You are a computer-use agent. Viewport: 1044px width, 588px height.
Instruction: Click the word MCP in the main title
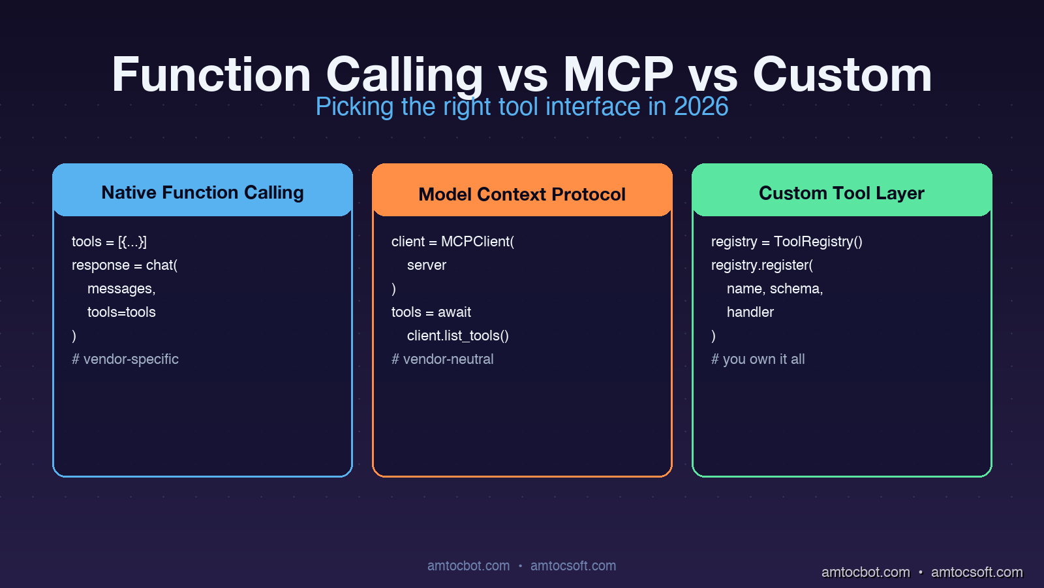click(618, 74)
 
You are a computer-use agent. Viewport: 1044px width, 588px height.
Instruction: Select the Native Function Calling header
click(202, 192)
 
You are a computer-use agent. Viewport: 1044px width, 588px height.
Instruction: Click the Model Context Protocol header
click(522, 194)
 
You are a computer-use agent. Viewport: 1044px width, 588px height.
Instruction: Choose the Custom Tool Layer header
click(842, 193)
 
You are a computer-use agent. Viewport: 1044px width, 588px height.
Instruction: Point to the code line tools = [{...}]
click(109, 242)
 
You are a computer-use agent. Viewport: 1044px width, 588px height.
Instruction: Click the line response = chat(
click(125, 265)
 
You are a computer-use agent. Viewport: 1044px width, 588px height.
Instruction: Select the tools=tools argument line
click(121, 312)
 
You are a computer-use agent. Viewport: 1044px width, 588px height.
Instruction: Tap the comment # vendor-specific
click(125, 359)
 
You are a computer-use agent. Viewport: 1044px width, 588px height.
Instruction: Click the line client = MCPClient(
click(453, 242)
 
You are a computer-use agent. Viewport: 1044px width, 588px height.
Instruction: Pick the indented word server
click(427, 265)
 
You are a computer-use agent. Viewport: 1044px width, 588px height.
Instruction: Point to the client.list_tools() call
click(457, 336)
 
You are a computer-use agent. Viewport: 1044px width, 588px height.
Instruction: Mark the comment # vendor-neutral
click(442, 359)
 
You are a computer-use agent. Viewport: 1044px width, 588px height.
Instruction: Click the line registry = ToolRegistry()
click(787, 242)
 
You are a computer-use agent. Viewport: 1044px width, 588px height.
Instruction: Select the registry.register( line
click(762, 265)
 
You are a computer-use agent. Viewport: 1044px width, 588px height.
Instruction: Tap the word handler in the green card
click(750, 312)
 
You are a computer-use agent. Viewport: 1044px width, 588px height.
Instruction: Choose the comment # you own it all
click(758, 359)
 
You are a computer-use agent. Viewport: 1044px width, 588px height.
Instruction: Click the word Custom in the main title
click(842, 74)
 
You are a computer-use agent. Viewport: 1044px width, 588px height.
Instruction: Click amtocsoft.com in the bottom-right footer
click(977, 572)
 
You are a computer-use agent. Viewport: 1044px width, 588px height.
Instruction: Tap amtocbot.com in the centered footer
click(468, 566)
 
